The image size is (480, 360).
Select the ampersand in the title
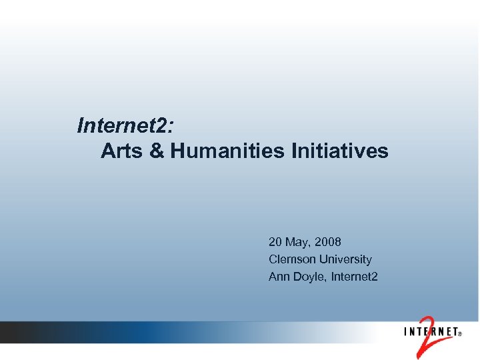click(x=156, y=151)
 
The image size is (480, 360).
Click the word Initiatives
click(x=339, y=151)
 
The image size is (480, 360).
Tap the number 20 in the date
click(x=275, y=241)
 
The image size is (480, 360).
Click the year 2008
click(x=328, y=241)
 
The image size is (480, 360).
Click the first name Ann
click(x=279, y=276)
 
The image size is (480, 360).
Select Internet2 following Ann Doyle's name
click(x=353, y=276)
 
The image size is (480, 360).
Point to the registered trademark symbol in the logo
click(x=460, y=336)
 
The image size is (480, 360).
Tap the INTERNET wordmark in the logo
click(x=429, y=331)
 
